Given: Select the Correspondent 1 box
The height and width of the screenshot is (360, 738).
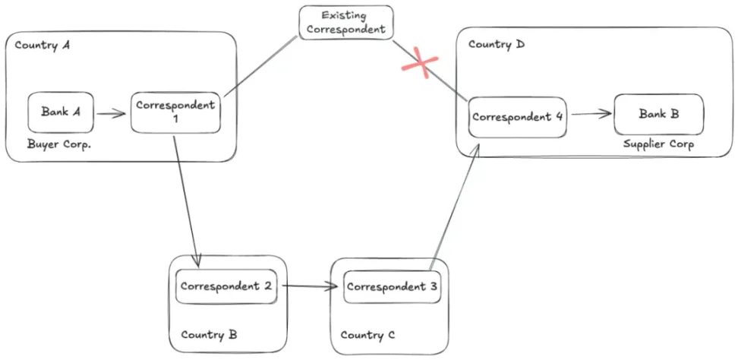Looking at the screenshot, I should click(175, 112).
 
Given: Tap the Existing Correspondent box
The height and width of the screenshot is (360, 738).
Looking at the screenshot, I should click(346, 23).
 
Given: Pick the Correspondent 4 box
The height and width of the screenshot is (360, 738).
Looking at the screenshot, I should click(517, 117).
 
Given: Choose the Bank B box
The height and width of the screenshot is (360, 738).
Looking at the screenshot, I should click(658, 115).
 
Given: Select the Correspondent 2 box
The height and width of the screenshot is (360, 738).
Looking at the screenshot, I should click(225, 288).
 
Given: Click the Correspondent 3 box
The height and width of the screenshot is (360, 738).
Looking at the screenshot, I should click(392, 287).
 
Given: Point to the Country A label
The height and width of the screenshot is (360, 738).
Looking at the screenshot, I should click(43, 46).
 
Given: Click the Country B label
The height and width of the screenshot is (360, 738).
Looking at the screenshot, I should click(209, 334).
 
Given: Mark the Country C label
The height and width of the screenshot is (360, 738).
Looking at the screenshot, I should click(367, 335).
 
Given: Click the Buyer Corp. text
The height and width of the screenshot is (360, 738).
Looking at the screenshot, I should click(59, 144).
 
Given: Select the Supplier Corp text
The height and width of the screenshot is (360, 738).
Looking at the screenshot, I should click(658, 144).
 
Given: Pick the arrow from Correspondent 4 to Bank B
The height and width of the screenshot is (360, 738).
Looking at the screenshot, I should click(591, 115).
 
